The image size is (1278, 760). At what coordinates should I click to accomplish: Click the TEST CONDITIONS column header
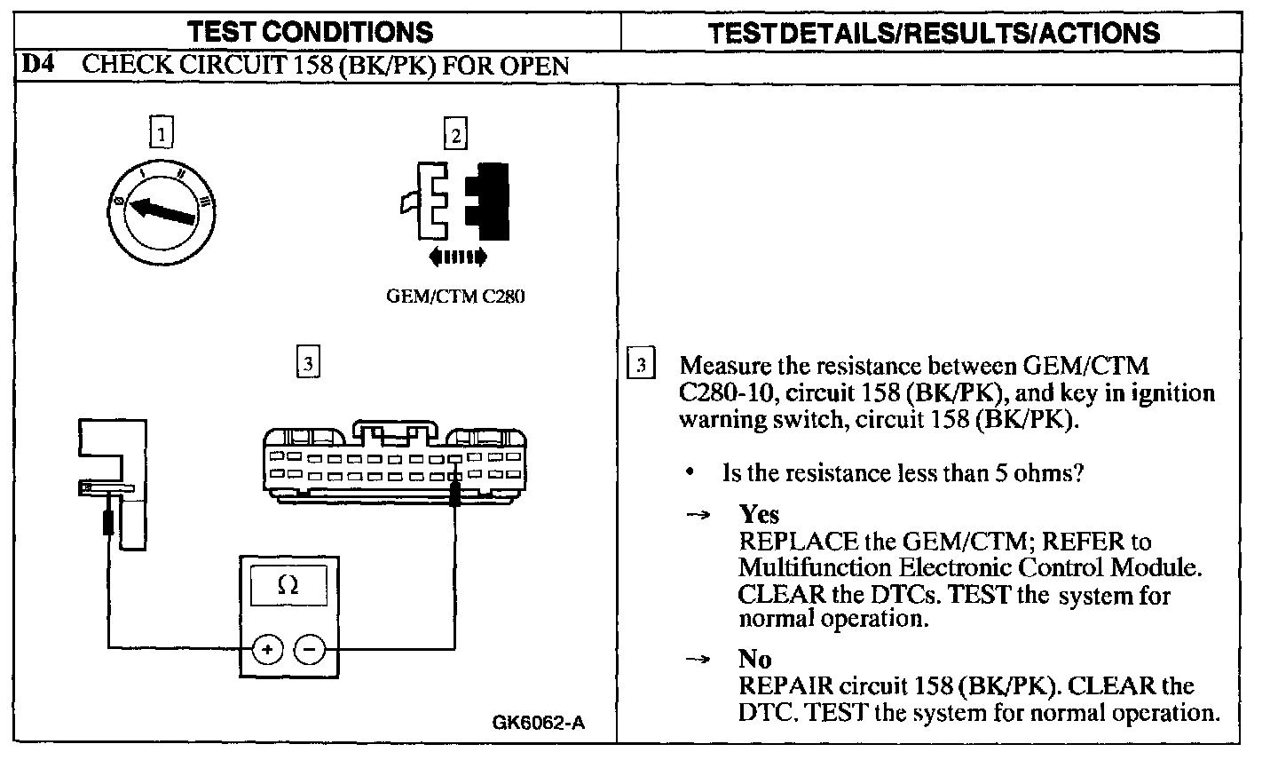[x=312, y=33]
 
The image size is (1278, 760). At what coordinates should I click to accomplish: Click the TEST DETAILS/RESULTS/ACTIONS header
[x=934, y=33]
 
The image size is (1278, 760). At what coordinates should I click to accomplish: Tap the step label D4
[x=35, y=66]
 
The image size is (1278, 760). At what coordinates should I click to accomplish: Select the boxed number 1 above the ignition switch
[x=160, y=134]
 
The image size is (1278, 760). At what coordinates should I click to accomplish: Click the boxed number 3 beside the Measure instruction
[x=642, y=366]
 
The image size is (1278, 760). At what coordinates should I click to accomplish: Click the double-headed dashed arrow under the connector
[x=457, y=257]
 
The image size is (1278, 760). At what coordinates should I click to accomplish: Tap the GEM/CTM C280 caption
[x=455, y=296]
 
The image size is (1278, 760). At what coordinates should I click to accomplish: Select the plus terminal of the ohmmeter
[x=266, y=651]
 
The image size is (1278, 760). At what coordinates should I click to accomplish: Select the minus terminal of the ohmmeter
[x=309, y=651]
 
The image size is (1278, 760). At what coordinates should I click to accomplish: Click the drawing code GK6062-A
[x=538, y=723]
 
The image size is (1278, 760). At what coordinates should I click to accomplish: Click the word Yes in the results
[x=759, y=514]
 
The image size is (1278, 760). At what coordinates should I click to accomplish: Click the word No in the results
[x=754, y=660]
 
